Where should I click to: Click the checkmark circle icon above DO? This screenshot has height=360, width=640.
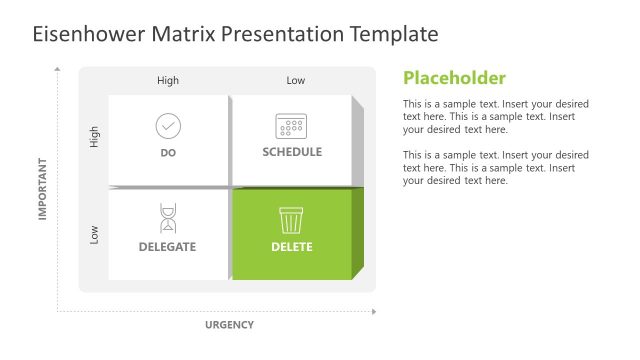[168, 126]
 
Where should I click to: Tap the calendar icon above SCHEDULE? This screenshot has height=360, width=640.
[291, 126]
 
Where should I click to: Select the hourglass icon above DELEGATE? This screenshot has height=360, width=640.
[168, 219]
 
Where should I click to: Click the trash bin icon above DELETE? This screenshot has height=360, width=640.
[291, 219]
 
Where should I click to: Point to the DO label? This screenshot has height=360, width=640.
[168, 153]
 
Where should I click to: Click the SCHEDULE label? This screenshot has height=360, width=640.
[292, 152]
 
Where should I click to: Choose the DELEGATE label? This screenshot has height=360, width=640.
[167, 246]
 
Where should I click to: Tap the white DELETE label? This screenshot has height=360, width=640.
[291, 246]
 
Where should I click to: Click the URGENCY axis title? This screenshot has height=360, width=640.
[229, 324]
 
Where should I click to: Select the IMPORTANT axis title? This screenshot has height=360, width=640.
[43, 188]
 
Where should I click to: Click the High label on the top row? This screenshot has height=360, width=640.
[168, 81]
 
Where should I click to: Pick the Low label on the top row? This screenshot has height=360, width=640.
[296, 81]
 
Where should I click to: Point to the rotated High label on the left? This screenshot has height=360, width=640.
[95, 137]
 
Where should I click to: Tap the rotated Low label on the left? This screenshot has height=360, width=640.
[95, 234]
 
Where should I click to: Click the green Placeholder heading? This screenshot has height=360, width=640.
[454, 78]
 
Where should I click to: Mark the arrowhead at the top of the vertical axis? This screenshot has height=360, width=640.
[58, 70]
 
